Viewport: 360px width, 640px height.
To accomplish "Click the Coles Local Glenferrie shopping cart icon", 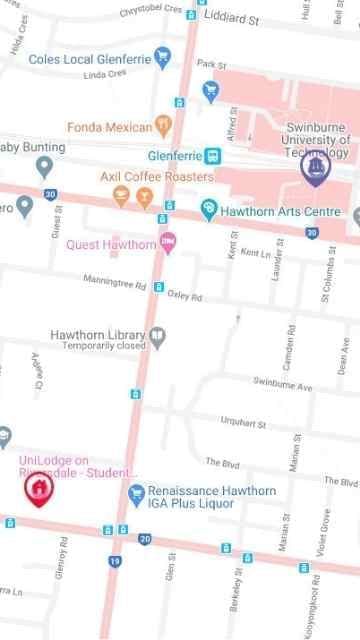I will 161,59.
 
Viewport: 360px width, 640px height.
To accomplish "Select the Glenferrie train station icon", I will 212,155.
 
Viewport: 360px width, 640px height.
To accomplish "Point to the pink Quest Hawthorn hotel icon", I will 168,241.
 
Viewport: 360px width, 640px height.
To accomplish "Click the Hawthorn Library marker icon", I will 157,335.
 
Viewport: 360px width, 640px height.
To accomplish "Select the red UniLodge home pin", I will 37,489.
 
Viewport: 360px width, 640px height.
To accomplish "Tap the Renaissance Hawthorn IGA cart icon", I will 136,493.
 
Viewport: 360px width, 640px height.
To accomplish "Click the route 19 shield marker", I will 115,562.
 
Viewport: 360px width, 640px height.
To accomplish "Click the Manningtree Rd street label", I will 115,281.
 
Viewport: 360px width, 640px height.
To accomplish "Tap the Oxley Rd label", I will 184,297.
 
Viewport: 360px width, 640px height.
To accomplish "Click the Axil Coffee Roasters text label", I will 157,177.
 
